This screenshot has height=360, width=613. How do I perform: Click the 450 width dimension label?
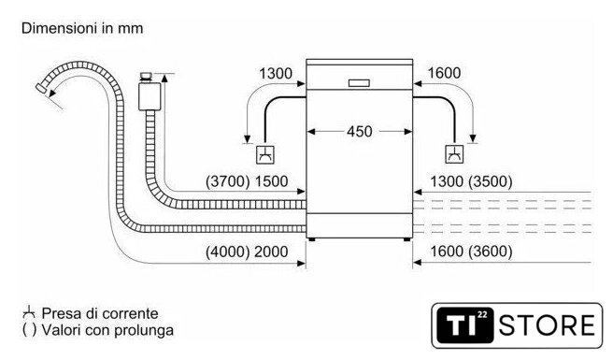pyautogui.click(x=359, y=132)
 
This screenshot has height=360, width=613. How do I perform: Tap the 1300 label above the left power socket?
pyautogui.click(x=276, y=74)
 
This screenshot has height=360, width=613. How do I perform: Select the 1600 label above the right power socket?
pyautogui.click(x=444, y=73)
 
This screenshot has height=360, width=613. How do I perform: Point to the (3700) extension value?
pyautogui.click(x=227, y=181)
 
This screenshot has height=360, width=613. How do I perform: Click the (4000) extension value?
pyautogui.click(x=227, y=252)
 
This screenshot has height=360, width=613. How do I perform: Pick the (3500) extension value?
pyautogui.click(x=491, y=181)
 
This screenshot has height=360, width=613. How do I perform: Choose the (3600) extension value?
pyautogui.click(x=491, y=252)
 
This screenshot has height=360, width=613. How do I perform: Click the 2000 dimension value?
pyautogui.click(x=271, y=252)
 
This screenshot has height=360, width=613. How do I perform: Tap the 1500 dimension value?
pyautogui.click(x=271, y=181)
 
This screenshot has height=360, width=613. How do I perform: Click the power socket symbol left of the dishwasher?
pyautogui.click(x=265, y=155)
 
